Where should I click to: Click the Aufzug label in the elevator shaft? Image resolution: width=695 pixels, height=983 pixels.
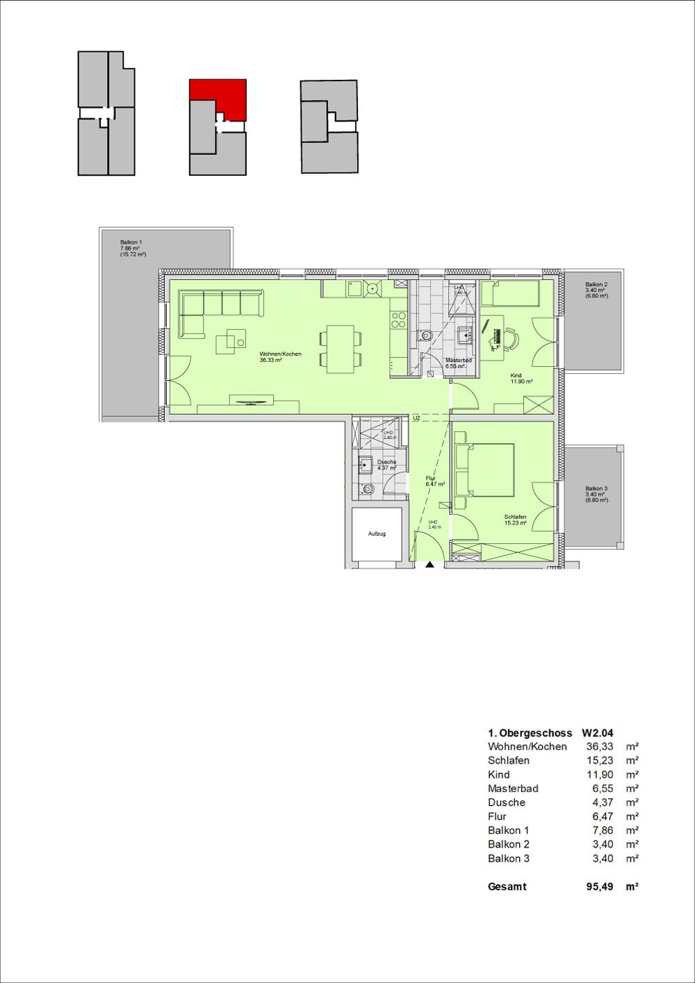tap(377, 534)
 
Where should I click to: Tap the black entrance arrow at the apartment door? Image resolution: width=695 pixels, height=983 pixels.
tap(430, 565)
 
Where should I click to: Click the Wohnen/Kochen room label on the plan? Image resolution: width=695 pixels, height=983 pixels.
tap(280, 354)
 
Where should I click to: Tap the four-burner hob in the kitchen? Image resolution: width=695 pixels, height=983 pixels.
tap(398, 320)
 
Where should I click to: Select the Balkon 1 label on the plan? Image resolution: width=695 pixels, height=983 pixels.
tap(131, 242)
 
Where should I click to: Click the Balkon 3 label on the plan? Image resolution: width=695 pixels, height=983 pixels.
tap(596, 488)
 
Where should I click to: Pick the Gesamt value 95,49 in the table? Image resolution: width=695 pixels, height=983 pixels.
tap(599, 886)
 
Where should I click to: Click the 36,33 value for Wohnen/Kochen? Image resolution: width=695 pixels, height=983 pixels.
tap(599, 747)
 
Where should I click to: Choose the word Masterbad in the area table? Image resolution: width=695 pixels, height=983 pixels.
tap(513, 788)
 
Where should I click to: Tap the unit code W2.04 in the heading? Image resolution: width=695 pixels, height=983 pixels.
tap(597, 733)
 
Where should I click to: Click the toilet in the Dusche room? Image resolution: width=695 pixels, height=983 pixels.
tap(368, 489)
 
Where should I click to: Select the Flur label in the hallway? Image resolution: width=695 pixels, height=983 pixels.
tap(430, 479)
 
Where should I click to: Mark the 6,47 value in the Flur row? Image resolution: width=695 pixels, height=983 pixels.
tap(603, 816)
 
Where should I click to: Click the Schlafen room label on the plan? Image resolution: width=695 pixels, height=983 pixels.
tap(514, 517)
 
